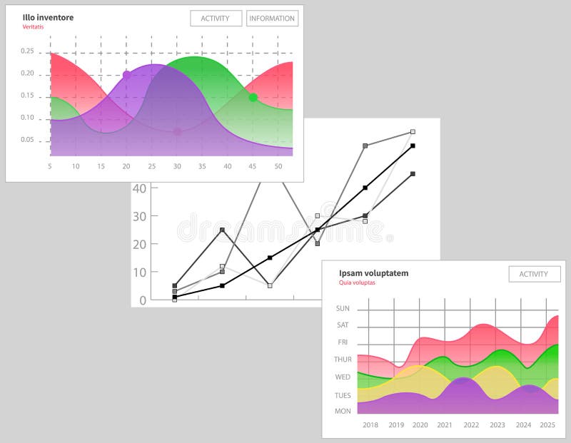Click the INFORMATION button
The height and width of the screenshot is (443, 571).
[x=272, y=19]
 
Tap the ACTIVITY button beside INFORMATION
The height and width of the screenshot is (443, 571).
[x=216, y=19]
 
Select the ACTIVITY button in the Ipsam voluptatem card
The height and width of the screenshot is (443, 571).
[x=534, y=274]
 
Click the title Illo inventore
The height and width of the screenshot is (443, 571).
[x=48, y=17]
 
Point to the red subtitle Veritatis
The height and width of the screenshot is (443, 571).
[x=33, y=27]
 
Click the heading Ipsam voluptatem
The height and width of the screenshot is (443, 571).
[x=373, y=273]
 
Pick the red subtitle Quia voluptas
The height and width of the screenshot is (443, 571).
[x=357, y=282]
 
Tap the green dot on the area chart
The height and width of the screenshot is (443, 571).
[x=253, y=97]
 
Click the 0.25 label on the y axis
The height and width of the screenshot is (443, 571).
[x=27, y=51]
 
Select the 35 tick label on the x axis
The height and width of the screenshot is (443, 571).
[x=202, y=166]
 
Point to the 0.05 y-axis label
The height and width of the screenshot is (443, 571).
[x=27, y=140]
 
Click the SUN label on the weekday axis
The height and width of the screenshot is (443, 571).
[x=343, y=309]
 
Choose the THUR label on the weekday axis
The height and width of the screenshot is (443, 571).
[x=343, y=360]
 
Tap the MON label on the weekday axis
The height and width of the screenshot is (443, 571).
[x=343, y=411]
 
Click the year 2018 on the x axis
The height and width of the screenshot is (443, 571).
[x=370, y=425]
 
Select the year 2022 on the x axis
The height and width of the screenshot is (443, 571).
[x=471, y=425]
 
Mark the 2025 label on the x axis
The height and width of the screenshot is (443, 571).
[x=547, y=425]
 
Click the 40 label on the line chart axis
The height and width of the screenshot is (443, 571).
[x=139, y=188]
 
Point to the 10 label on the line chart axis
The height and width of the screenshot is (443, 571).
[x=139, y=273]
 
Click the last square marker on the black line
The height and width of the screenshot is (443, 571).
[x=413, y=146]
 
